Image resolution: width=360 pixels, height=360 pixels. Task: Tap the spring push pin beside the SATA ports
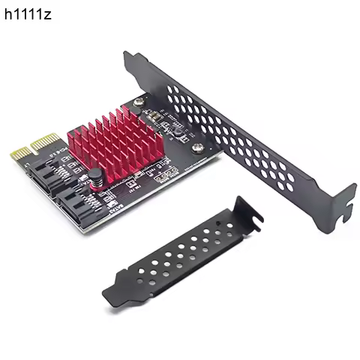96,181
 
